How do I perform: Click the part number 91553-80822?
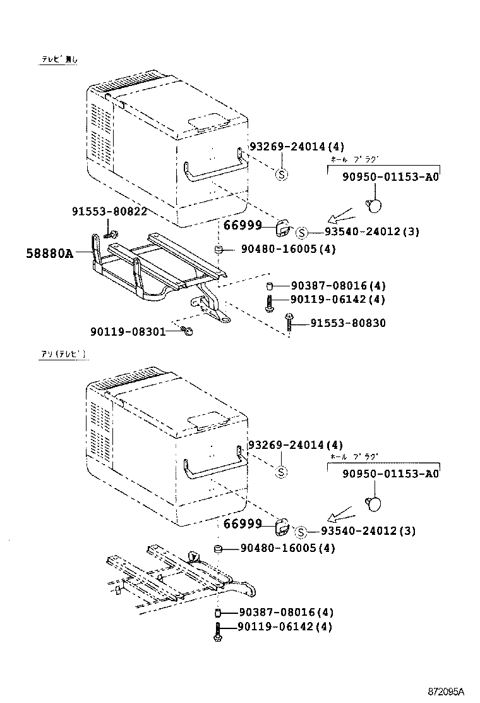coord(109,212)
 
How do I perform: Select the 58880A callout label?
coord(50,254)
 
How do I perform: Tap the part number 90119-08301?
coord(128,331)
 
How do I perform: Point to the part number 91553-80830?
coord(347,323)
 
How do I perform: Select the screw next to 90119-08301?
coord(187,330)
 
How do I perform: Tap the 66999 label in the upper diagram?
coord(242,226)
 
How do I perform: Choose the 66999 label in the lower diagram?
coord(242,524)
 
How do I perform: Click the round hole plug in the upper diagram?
coord(374,204)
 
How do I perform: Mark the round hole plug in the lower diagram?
coord(374,503)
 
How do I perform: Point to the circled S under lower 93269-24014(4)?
coord(282,472)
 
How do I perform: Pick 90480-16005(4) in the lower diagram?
coord(287,548)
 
